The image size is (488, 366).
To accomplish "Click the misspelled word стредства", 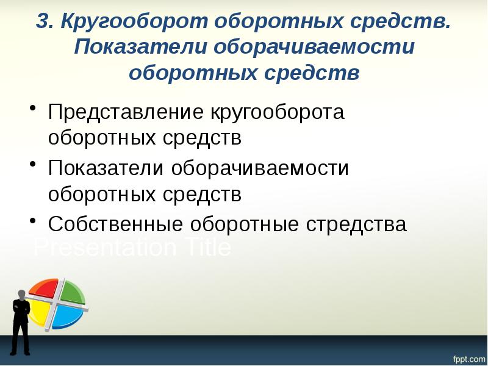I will pyautogui.click(x=353, y=224).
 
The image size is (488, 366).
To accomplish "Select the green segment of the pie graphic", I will pyautogui.click(x=71, y=292).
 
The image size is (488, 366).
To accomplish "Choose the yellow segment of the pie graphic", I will pyautogui.click(x=38, y=312).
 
